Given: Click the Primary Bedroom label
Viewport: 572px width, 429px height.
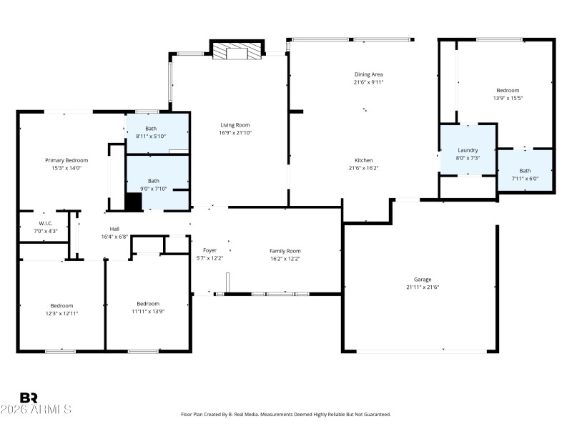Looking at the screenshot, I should [66, 160].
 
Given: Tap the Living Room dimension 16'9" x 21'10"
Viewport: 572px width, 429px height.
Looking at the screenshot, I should [235, 133].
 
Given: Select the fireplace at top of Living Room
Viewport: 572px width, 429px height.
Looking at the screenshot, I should [237, 51].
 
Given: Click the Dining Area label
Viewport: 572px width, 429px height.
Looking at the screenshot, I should [369, 74].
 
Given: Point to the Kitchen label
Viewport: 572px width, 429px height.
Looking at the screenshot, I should [363, 160].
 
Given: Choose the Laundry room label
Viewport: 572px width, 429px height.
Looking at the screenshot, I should [468, 150].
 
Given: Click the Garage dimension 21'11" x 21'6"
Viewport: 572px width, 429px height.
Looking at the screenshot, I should [423, 287].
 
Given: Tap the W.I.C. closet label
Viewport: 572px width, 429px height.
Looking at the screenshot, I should [42, 223].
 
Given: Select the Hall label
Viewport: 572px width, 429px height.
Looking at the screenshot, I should [114, 229].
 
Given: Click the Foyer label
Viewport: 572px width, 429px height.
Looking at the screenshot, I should [209, 250].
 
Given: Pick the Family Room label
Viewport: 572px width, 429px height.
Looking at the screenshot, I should [285, 250].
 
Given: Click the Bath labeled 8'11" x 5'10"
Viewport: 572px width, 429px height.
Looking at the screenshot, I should [151, 128].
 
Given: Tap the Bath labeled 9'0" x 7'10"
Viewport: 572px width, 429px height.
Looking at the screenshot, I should [154, 181].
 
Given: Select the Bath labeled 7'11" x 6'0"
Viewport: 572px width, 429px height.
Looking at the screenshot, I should [525, 170].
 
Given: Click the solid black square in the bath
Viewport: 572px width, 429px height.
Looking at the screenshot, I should [133, 201].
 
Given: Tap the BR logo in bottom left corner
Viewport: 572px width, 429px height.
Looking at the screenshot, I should [29, 398].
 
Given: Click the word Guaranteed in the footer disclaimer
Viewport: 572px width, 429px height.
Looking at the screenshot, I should [377, 414].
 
